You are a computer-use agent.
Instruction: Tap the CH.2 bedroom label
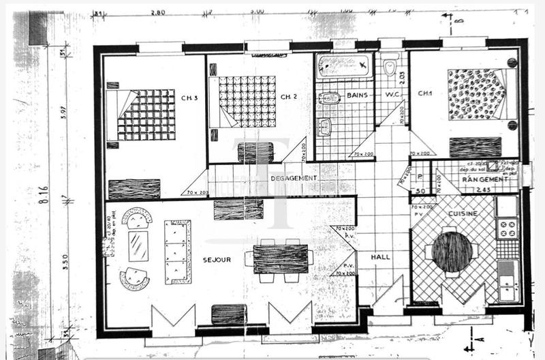289,97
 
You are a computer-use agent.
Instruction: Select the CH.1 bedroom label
425,93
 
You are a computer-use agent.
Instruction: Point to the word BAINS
358,96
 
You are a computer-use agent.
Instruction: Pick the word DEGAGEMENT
294,178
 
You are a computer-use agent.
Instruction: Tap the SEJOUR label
217,260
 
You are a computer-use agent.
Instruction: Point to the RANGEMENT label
482,179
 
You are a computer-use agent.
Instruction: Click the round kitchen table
452,252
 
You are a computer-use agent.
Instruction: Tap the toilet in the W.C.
390,67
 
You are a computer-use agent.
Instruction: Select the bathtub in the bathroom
344,66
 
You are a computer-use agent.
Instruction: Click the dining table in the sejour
281,258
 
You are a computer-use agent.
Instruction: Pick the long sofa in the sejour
178,251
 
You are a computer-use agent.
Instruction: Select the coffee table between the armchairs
138,246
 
